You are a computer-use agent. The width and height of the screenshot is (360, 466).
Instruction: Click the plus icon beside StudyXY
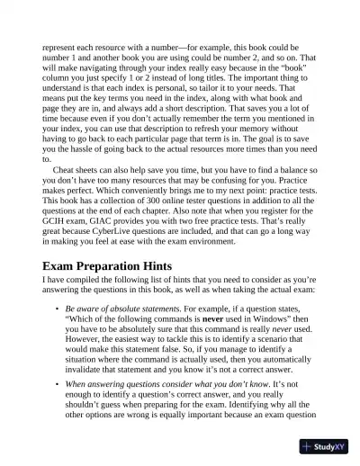(308, 446)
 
